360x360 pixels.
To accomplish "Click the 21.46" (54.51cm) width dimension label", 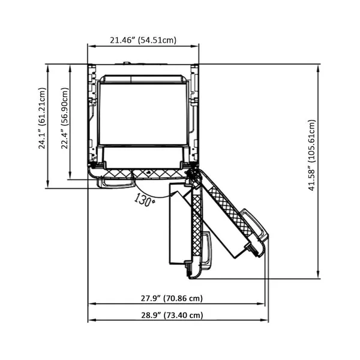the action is (x=143, y=40).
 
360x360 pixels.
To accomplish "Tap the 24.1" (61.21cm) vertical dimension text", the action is (x=42, y=118).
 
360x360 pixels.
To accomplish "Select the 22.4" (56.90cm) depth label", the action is (x=65, y=118).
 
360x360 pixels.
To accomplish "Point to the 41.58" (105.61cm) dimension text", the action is (x=312, y=155).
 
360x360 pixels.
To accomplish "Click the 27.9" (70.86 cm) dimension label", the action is (x=172, y=298).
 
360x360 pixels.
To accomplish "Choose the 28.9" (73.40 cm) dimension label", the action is (x=172, y=315).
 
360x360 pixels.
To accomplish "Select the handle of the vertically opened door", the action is (x=206, y=250).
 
